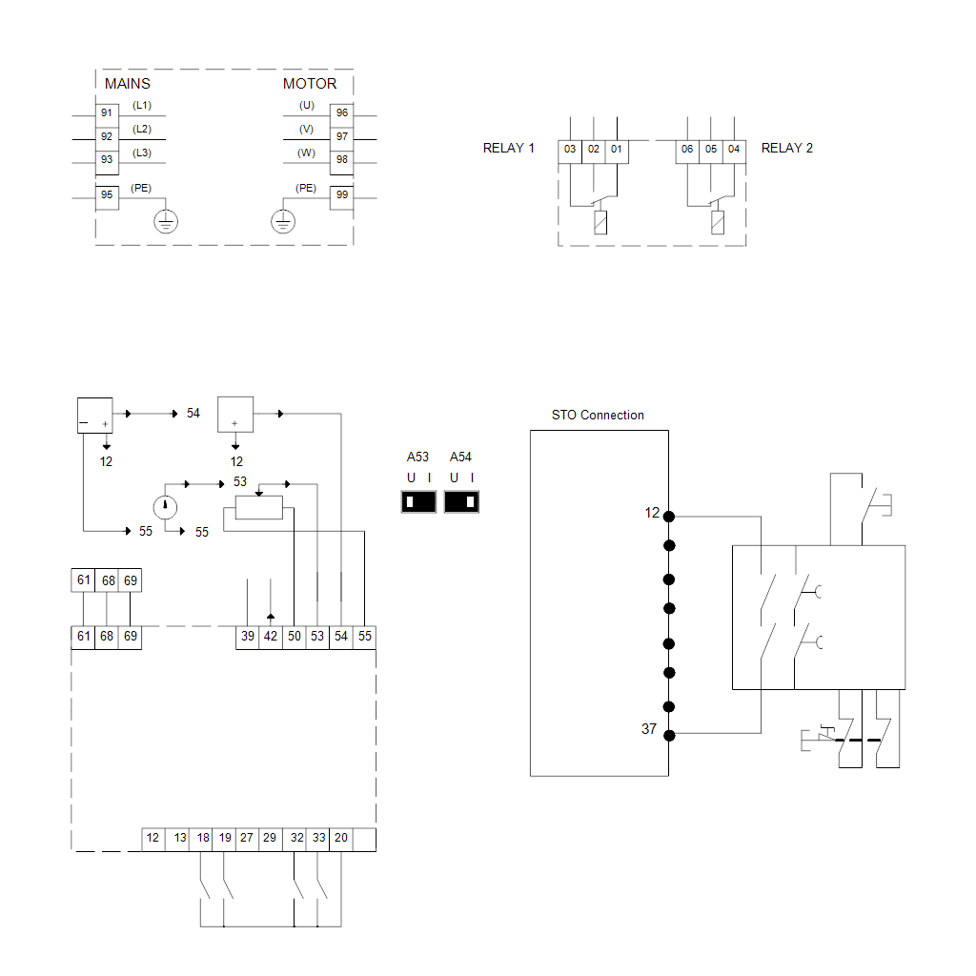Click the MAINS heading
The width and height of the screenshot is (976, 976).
pyautogui.click(x=127, y=84)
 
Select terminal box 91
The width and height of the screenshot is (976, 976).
pyautogui.click(x=107, y=113)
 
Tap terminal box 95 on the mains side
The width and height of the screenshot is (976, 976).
pyautogui.click(x=107, y=195)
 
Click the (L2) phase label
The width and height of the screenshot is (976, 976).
pyautogui.click(x=142, y=129)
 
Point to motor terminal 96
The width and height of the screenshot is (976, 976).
pyautogui.click(x=342, y=113)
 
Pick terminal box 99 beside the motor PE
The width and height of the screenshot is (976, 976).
pyautogui.click(x=342, y=195)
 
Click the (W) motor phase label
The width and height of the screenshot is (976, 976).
pyautogui.click(x=306, y=152)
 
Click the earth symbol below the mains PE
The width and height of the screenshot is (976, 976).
pyautogui.click(x=166, y=222)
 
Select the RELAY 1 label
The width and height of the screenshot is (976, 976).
pyautogui.click(x=509, y=149)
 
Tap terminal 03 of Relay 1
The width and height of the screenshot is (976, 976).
pyautogui.click(x=570, y=150)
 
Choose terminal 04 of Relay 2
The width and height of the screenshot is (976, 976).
pyautogui.click(x=733, y=150)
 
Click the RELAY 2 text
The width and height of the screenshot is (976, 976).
pyautogui.click(x=786, y=149)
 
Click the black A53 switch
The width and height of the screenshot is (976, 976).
pyautogui.click(x=418, y=501)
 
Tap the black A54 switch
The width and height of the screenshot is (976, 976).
pyautogui.click(x=461, y=501)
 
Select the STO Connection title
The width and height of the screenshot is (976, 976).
pyautogui.click(x=598, y=416)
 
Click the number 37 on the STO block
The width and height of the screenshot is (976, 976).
pyautogui.click(x=649, y=729)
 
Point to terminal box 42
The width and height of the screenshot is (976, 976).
pyautogui.click(x=271, y=636)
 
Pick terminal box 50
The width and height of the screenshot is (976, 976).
pyautogui.click(x=294, y=636)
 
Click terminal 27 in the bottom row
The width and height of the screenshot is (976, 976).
pyautogui.click(x=247, y=839)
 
